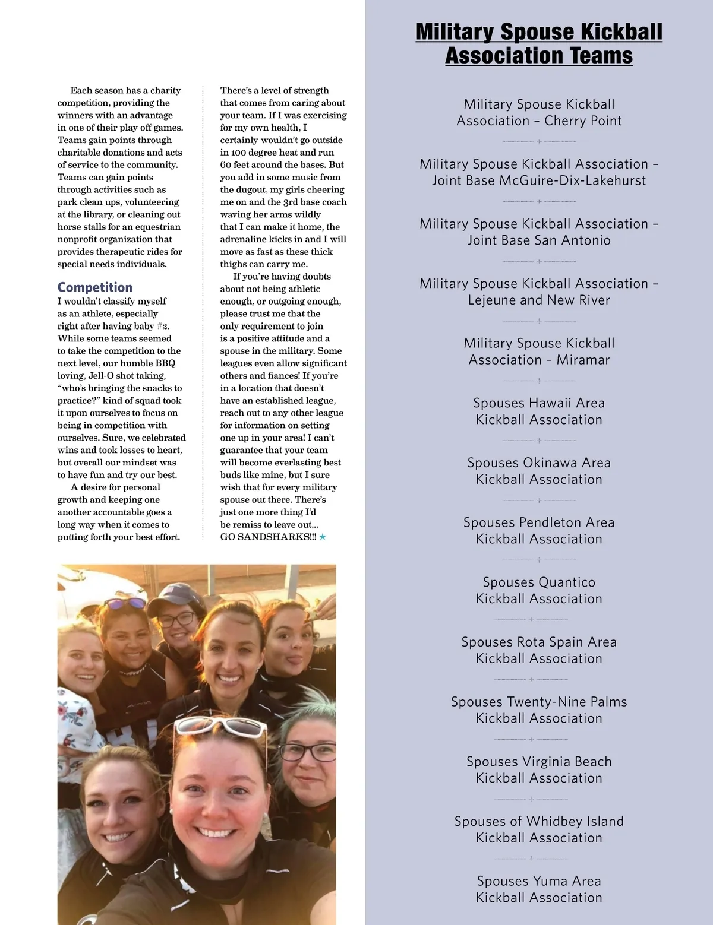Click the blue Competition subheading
95,287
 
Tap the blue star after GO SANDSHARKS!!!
323,537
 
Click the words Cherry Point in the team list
583,121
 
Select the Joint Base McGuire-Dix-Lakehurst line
539,180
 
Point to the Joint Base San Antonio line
539,240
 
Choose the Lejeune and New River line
539,300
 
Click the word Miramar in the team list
583,360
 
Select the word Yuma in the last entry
550,881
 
